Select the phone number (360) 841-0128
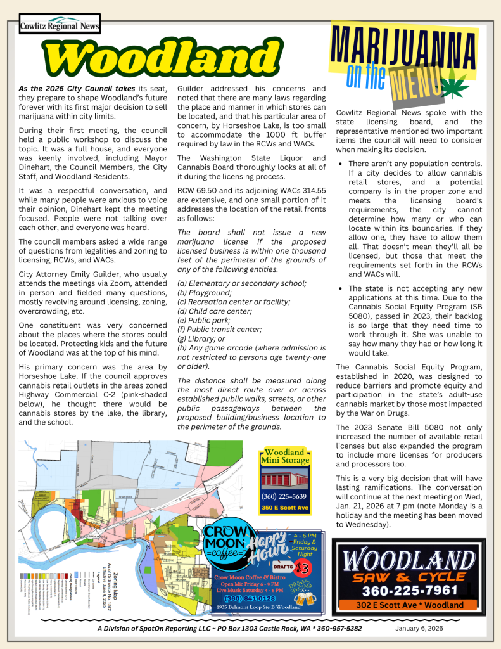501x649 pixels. tap(250, 598)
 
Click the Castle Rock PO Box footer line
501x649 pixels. tap(230, 628)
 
